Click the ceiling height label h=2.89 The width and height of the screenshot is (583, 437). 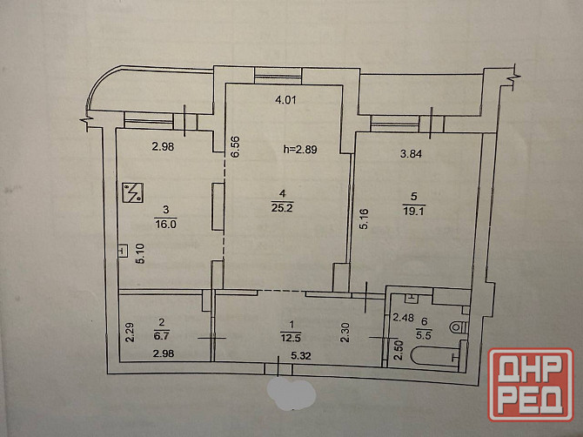(299, 150)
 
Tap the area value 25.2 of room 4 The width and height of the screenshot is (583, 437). (282, 207)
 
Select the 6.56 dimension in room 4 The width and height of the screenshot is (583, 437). (236, 147)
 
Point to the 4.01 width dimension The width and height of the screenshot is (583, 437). (285, 99)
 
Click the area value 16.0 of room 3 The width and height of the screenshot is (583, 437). (165, 225)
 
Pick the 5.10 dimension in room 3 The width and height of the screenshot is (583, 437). (141, 253)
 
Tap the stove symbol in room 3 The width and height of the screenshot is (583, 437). (133, 192)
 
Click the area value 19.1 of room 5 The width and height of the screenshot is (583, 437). (414, 212)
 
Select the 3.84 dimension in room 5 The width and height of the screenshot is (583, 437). (411, 153)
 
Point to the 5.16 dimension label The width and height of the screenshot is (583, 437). (364, 218)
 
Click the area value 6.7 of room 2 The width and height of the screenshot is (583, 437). (164, 335)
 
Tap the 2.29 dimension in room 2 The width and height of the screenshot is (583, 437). (130, 333)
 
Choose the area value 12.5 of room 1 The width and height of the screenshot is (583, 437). (291, 338)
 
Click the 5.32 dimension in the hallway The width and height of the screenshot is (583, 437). (301, 356)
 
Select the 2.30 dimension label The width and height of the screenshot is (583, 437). (345, 333)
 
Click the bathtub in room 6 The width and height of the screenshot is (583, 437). (435, 357)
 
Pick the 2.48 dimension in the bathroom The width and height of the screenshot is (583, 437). (404, 318)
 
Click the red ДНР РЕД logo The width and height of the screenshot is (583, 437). (531, 385)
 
